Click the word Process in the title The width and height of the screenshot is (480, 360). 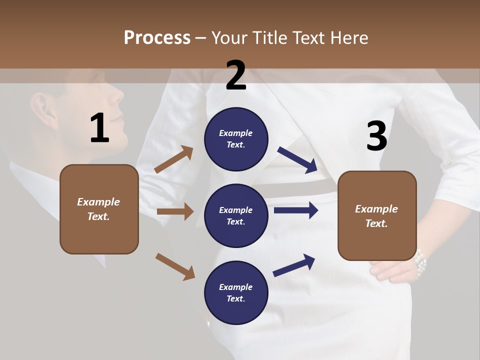[x=157, y=38]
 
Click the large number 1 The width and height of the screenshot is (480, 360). [x=99, y=128]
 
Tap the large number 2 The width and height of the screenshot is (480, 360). [x=236, y=75]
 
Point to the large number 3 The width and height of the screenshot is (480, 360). [x=376, y=136]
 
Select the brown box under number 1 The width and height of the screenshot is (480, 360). [x=99, y=209]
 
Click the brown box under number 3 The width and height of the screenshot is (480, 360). [x=377, y=215]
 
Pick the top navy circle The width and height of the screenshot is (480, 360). [x=236, y=139]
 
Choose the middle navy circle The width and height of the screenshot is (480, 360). [x=236, y=215]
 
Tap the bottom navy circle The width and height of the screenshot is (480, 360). [x=236, y=292]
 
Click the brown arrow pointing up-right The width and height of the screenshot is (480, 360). [x=174, y=159]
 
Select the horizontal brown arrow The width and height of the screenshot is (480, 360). [x=175, y=211]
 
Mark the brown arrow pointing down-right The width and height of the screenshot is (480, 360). [x=175, y=266]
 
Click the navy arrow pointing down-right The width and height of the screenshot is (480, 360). [x=297, y=160]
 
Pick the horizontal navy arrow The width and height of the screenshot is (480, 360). [x=296, y=210]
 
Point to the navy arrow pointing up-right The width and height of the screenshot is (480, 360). [x=294, y=265]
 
